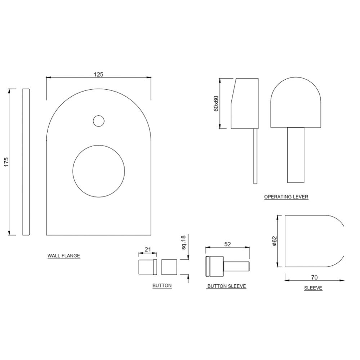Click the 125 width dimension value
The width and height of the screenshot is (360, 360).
[98, 75]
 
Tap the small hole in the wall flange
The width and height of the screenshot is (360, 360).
[98, 121]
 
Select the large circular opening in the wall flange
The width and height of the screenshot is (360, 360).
[99, 171]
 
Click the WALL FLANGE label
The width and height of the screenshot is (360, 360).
[64, 256]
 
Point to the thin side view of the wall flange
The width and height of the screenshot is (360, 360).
[26, 162]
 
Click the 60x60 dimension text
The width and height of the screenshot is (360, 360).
[216, 103]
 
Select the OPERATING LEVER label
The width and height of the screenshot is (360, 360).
[286, 197]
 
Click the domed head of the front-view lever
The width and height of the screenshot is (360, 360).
[295, 105]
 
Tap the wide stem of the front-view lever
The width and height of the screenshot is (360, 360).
[295, 155]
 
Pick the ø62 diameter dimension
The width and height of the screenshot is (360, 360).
[274, 241]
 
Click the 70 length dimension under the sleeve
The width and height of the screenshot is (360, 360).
[314, 277]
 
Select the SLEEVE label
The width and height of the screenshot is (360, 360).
[313, 288]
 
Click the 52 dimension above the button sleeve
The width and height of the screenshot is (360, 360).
[227, 244]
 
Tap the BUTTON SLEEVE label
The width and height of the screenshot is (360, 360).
[226, 286]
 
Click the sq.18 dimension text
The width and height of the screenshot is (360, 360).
[183, 243]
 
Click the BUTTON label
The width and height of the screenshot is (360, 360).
[162, 285]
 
